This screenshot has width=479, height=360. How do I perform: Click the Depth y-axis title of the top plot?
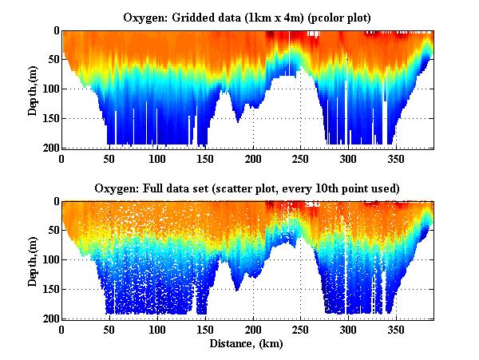[33, 89]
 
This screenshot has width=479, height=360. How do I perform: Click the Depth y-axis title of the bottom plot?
[33, 259]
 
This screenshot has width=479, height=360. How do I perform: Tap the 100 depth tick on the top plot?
[49, 89]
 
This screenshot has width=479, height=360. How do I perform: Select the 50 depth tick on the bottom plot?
[51, 230]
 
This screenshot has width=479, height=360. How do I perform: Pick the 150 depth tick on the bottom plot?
[49, 289]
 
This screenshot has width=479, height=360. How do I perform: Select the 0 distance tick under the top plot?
[62, 158]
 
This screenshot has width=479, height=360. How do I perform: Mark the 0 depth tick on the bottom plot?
[54, 201]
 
